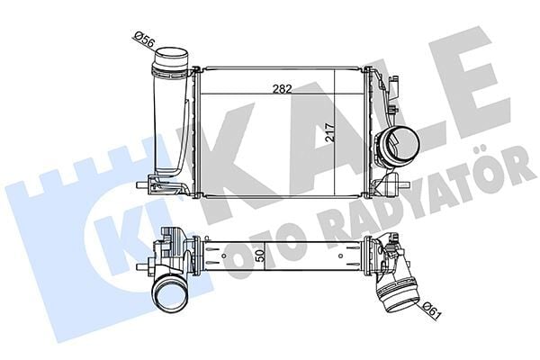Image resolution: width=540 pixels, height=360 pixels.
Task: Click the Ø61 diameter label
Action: (x=429, y=314)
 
